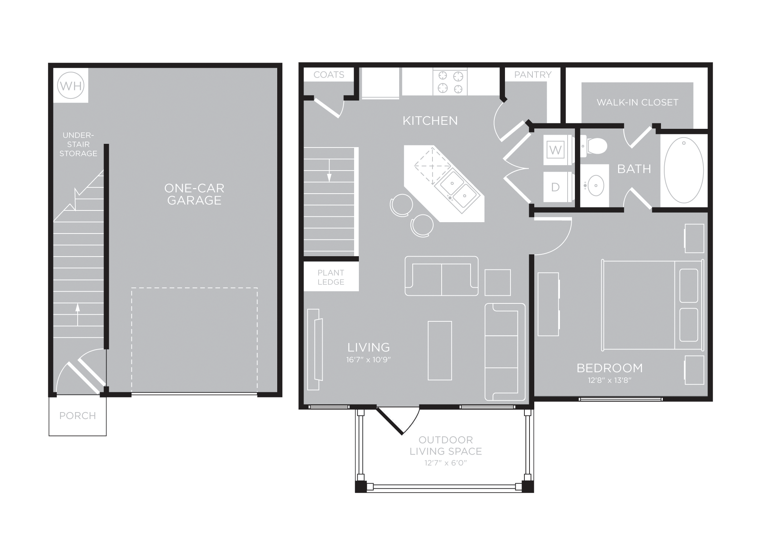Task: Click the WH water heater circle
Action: pos(71,86)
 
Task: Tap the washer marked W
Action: pos(555,150)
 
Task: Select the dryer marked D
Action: pos(555,187)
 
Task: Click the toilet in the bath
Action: pos(593,146)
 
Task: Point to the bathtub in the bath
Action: pos(684,170)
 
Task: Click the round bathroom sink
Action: pos(595,186)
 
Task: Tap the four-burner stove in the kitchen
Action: pos(450,82)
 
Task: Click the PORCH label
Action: pos(78,416)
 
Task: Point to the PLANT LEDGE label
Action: pos(331,277)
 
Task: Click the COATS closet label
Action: pos(329,75)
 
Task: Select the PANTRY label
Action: pos(533,75)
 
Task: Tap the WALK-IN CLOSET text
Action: pos(638,102)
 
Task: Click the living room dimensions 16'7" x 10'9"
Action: pos(369,360)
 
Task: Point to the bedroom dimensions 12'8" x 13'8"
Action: pos(610,380)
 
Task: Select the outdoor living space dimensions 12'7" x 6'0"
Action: pos(446,463)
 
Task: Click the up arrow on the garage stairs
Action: pos(78,314)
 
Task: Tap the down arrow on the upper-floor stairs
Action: pos(329,171)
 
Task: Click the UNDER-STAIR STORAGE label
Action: pos(78,145)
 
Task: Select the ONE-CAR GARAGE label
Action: pos(194,194)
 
